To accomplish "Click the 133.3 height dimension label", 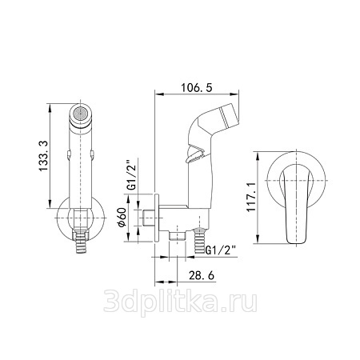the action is point(43,156).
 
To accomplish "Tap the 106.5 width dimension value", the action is point(197,87).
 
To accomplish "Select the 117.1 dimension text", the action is point(251,197).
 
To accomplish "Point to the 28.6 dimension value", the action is point(202,275).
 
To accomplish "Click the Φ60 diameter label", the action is point(122,218).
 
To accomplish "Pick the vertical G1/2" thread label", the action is point(132,174).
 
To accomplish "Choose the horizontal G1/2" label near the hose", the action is point(221,250).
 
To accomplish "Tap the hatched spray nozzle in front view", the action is point(80,114).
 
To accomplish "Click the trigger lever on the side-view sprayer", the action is point(195,154).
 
